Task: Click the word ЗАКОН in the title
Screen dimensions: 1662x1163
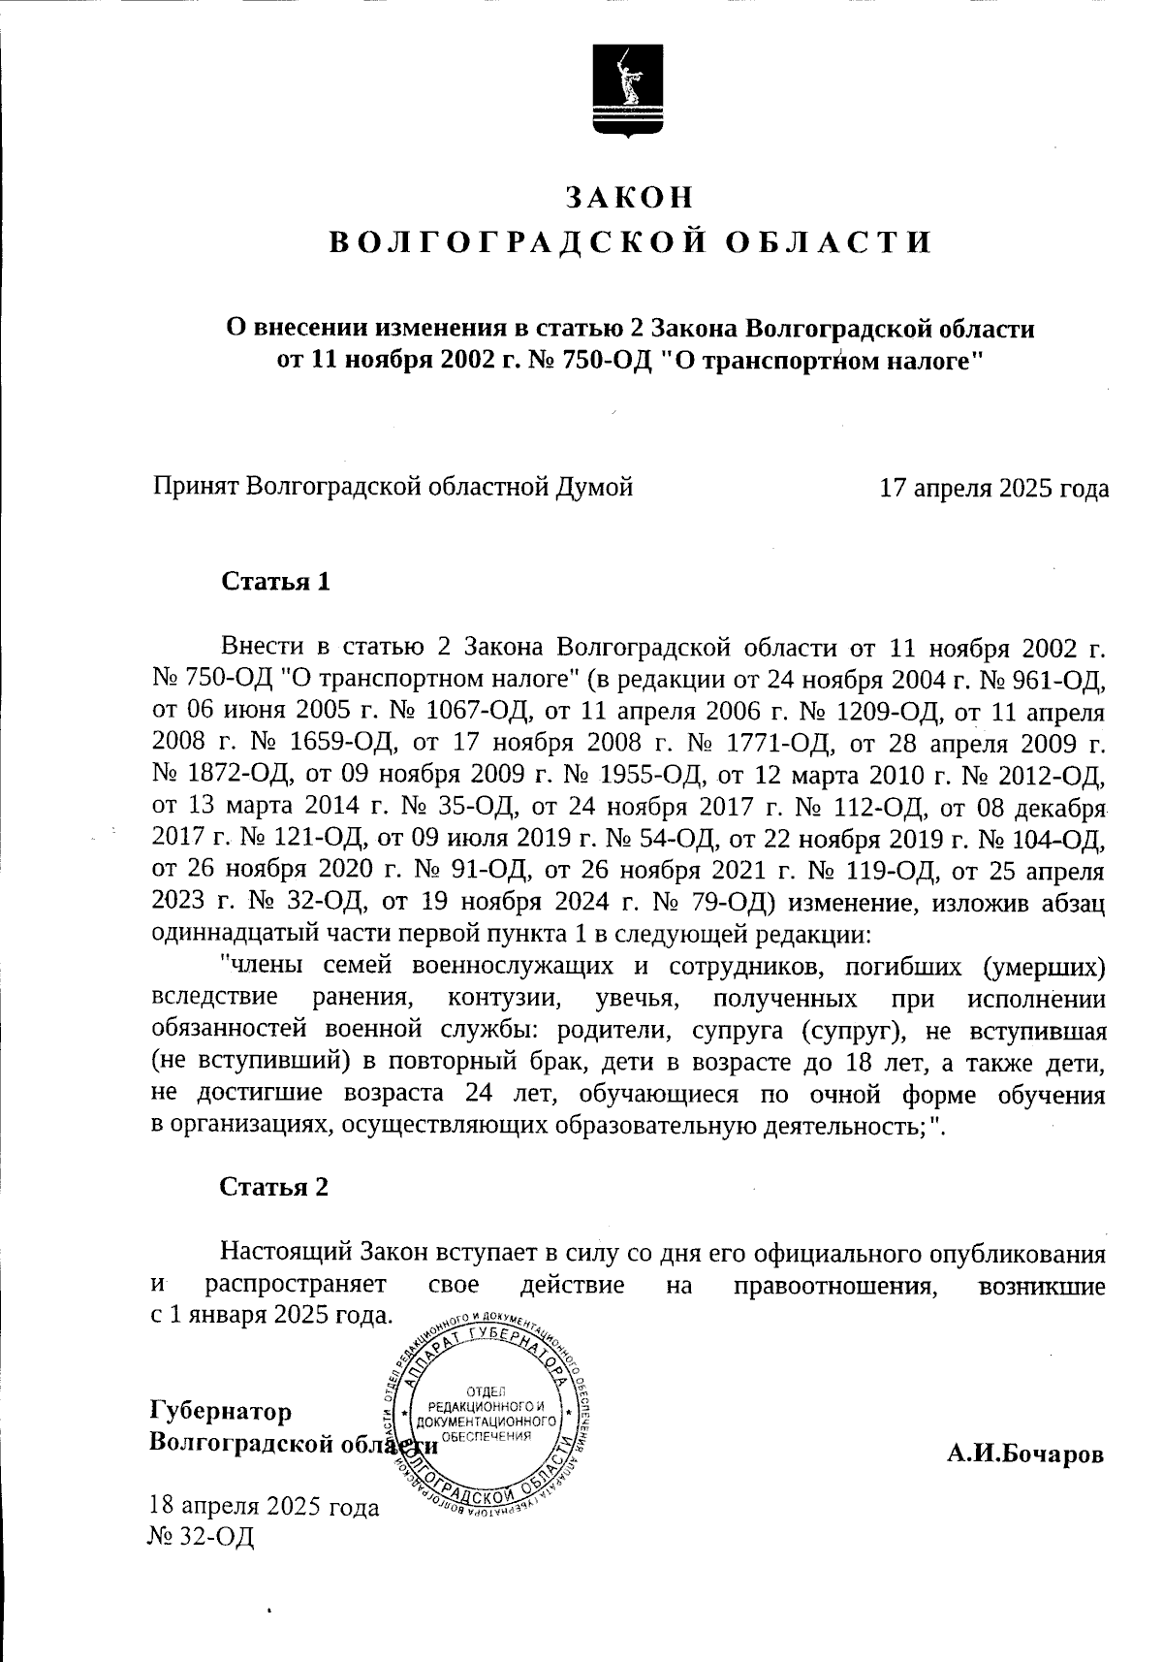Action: [630, 197]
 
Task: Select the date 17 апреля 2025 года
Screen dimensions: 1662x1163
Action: [993, 488]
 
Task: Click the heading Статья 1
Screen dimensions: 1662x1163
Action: [276, 582]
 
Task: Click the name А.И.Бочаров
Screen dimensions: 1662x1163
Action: [1025, 1454]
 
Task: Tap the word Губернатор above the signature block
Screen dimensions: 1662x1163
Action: [221, 1410]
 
